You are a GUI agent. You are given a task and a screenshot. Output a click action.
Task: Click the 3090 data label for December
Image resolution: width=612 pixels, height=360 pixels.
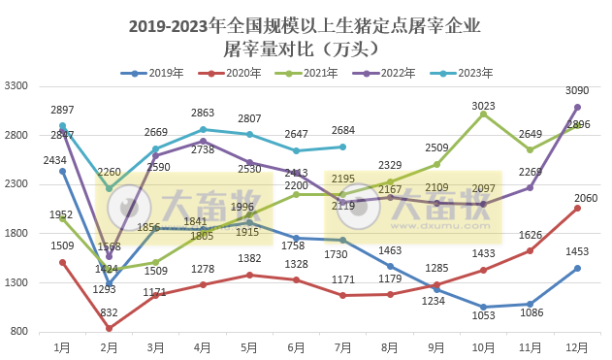click(x=578, y=91)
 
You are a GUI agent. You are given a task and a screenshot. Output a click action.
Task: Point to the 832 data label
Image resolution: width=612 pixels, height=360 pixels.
click(x=109, y=312)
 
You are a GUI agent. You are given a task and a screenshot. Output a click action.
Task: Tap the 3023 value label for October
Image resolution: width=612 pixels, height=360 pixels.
click(x=483, y=106)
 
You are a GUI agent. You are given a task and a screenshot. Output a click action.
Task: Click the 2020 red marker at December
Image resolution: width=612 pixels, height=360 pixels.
click(x=577, y=208)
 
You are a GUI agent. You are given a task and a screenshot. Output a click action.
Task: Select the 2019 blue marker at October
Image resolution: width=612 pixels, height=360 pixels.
click(x=483, y=307)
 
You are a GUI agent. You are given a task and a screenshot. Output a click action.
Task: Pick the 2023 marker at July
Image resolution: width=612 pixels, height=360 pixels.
click(x=343, y=147)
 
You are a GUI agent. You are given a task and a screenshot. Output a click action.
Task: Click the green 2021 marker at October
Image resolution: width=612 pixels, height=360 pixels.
click(x=483, y=114)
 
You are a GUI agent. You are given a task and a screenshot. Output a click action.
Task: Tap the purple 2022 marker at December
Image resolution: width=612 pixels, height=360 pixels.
click(x=577, y=107)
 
